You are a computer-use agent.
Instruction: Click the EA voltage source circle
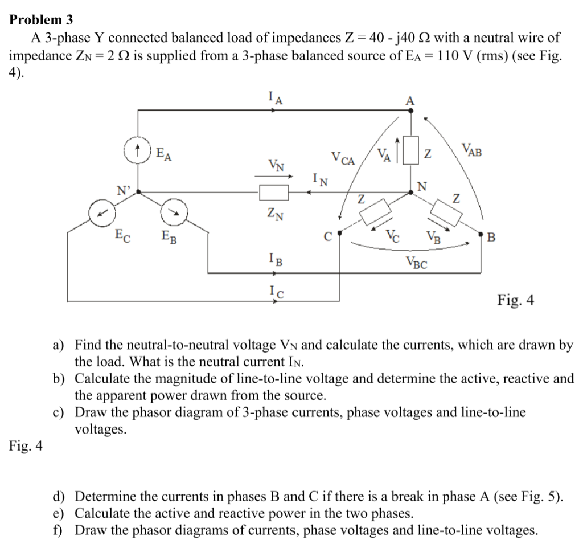(137, 153)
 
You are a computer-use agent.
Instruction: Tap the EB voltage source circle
(173, 212)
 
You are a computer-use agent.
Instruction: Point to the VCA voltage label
(343, 159)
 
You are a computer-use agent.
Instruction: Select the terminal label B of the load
(492, 235)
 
